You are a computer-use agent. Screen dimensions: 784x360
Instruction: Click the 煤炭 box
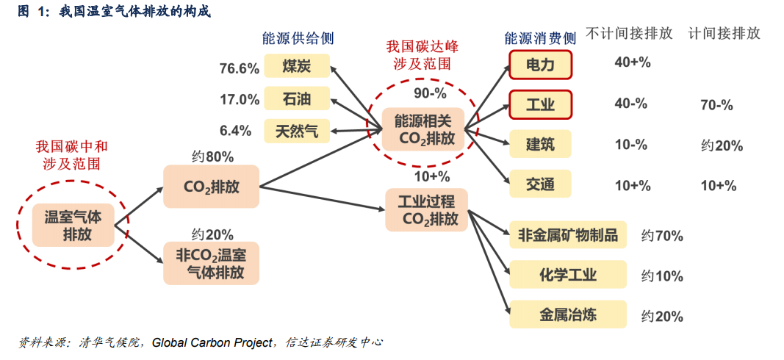[x=297, y=66]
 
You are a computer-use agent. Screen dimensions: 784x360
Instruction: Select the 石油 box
[x=297, y=98]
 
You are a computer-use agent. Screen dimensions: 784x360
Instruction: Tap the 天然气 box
[x=297, y=131]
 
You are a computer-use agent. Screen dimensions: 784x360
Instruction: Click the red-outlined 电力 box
[x=541, y=65]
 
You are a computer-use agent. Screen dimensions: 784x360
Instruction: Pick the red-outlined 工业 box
[x=541, y=105]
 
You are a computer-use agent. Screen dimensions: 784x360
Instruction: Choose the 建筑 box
[x=541, y=145]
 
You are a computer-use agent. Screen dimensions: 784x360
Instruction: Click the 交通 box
[x=541, y=184]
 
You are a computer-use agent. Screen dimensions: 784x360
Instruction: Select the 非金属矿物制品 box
[x=568, y=234]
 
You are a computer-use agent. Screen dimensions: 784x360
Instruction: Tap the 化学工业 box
[x=568, y=275]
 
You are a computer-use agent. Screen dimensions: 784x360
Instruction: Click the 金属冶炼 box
[x=568, y=314]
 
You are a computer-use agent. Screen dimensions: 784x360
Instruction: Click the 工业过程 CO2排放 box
[x=427, y=210]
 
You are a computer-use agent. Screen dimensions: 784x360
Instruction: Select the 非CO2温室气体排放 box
[x=211, y=264]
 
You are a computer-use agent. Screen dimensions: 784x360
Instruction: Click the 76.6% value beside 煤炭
[x=240, y=68]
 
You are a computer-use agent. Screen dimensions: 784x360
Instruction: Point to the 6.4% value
[x=235, y=131]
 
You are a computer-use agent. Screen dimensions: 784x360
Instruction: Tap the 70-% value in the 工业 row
[x=716, y=106]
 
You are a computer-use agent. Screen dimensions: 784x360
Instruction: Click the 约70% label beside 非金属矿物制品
[x=662, y=236]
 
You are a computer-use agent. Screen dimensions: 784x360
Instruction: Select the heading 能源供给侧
[x=298, y=38]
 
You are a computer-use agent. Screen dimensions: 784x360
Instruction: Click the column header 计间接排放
[x=724, y=34]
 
